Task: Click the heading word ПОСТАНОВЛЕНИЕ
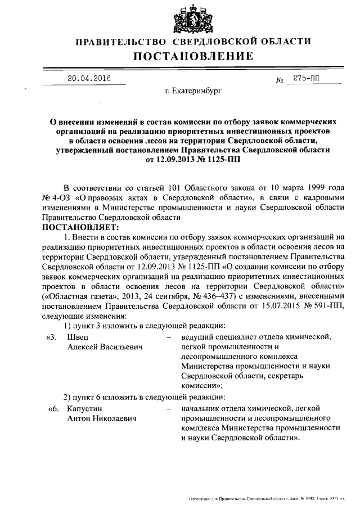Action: [193, 56]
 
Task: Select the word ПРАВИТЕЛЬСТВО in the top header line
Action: [121, 42]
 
